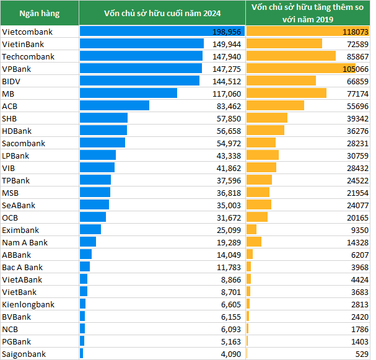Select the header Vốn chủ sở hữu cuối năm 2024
162,13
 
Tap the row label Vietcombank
27,32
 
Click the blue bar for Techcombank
141,56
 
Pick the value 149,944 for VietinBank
229,44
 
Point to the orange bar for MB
286,94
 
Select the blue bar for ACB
115,106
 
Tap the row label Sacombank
24,143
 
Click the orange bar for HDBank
265,131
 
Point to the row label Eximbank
20,230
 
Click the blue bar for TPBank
95,180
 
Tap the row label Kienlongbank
28,304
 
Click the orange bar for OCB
257,217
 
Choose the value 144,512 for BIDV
229,81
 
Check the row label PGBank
17,341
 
